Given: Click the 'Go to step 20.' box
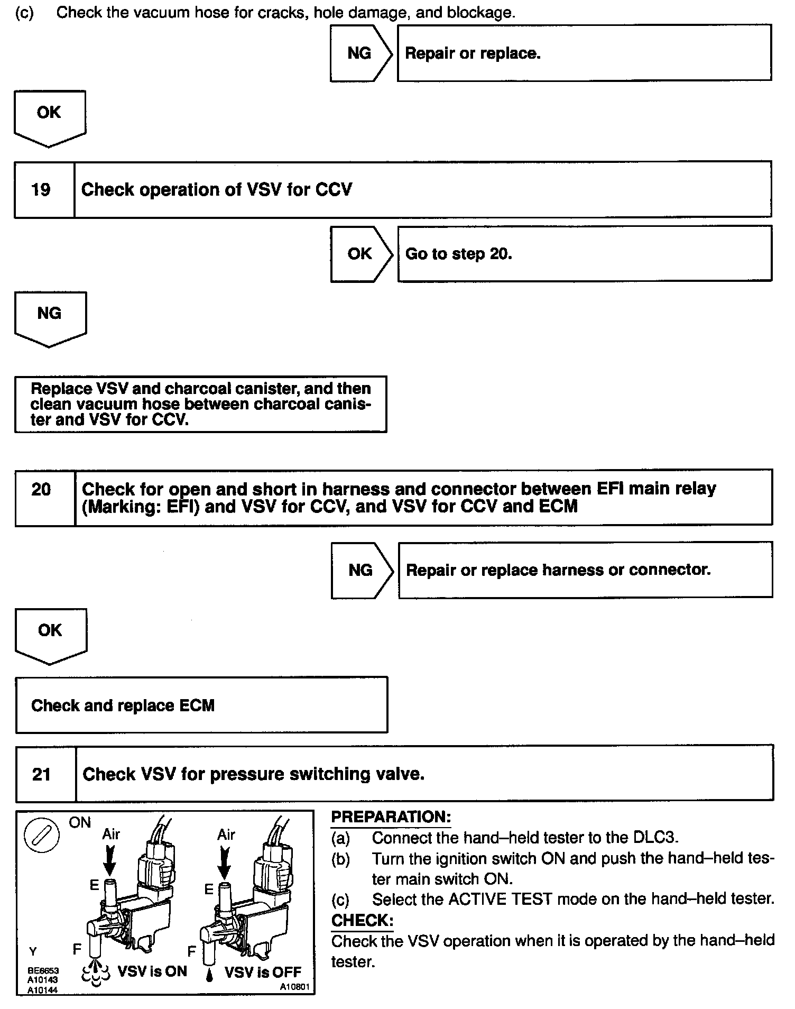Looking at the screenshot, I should click(584, 254).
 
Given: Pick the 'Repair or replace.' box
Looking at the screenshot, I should click(584, 53).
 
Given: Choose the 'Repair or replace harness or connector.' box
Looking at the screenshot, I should click(585, 570).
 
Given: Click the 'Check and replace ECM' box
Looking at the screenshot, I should click(201, 705).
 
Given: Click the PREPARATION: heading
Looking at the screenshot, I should click(391, 817).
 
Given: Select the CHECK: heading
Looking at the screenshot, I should click(362, 921).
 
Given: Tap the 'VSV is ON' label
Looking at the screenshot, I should click(152, 971).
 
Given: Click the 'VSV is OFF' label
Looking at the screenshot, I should click(263, 972).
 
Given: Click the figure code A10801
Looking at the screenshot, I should click(295, 987).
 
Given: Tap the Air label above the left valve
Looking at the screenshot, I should click(111, 834).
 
